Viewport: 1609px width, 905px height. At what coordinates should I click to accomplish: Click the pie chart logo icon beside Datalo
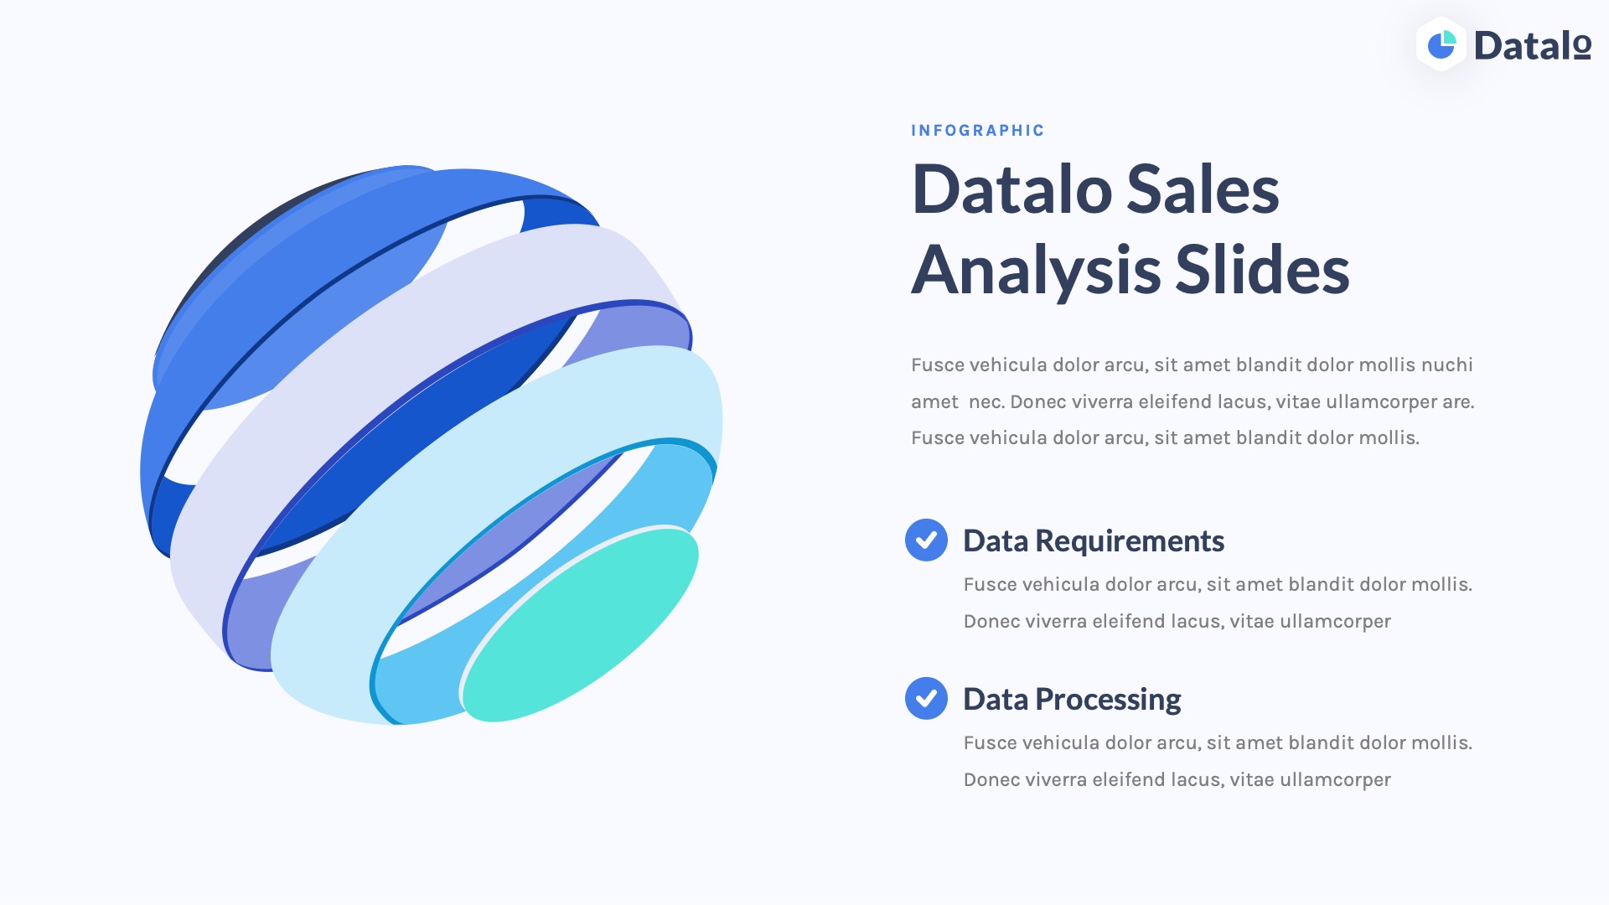(x=1441, y=45)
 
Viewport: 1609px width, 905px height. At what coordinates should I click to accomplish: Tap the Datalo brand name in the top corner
(x=1532, y=46)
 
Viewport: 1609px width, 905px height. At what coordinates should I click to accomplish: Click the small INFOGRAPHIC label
(x=977, y=131)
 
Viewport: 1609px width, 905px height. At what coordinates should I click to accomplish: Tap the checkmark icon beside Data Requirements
(x=926, y=540)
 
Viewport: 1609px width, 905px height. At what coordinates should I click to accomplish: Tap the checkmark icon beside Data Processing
(x=926, y=699)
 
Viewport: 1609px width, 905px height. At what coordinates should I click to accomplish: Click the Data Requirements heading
(x=1094, y=541)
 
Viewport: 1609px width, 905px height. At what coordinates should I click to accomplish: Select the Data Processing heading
(x=1072, y=700)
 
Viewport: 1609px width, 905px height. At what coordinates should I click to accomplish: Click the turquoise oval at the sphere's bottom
(x=580, y=625)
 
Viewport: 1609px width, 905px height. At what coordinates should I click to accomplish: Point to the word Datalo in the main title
(x=1011, y=190)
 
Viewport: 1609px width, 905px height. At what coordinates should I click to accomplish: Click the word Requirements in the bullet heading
(x=1130, y=541)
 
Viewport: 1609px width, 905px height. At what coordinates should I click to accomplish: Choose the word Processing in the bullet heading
(x=1108, y=700)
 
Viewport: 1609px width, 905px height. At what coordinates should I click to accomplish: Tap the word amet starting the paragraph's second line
(x=934, y=402)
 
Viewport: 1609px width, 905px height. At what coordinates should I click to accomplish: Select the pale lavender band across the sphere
(x=419, y=335)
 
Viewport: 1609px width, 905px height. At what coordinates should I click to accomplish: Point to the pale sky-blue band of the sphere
(x=503, y=469)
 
